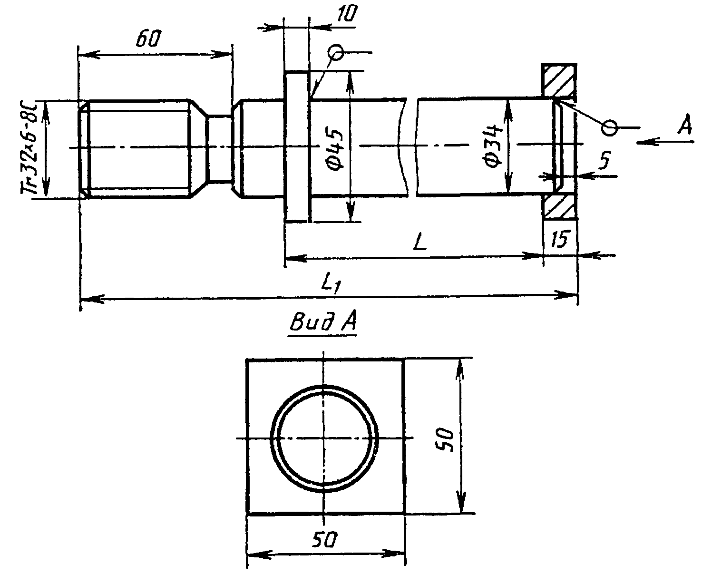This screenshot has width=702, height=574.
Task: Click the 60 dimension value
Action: pyautogui.click(x=148, y=38)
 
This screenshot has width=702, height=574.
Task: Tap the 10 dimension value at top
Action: pyautogui.click(x=347, y=13)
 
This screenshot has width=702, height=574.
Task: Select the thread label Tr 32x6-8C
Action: pyautogui.click(x=29, y=147)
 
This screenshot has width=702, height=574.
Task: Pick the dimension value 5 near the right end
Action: pyautogui.click(x=605, y=161)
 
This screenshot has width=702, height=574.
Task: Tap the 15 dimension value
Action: pyautogui.click(x=561, y=239)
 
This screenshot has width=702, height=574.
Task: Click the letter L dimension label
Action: pyautogui.click(x=420, y=243)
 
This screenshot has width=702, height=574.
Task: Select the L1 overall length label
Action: pyautogui.click(x=331, y=285)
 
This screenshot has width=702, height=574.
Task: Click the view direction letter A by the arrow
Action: pyautogui.click(x=685, y=125)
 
